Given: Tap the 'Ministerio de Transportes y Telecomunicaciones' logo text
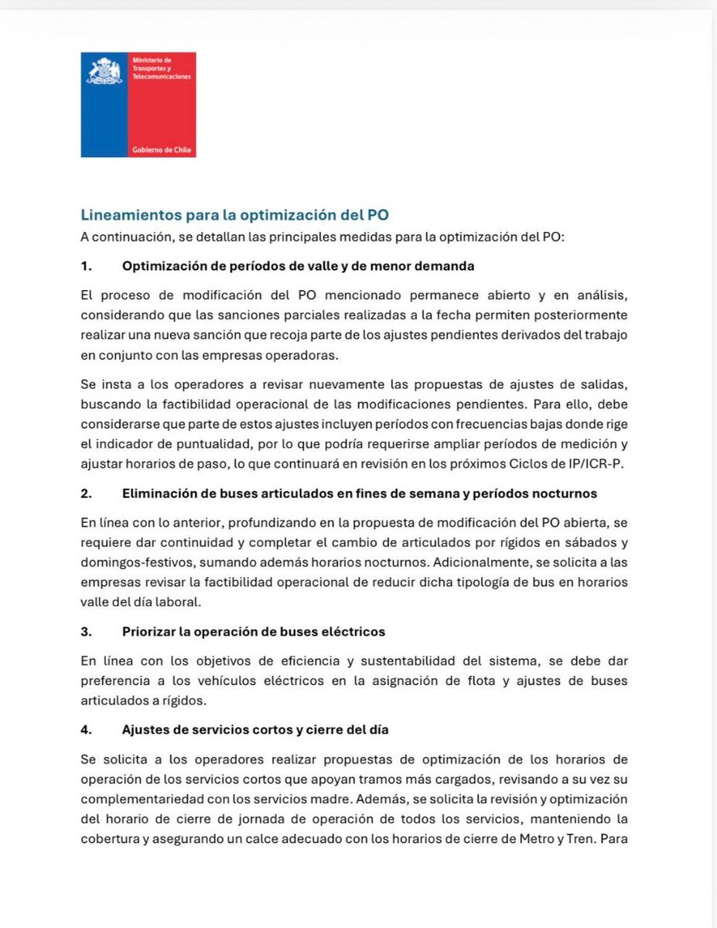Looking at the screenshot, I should [162, 69].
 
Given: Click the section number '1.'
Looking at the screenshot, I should [87, 265].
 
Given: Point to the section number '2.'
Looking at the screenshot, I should [87, 493].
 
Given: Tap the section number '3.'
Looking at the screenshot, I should [87, 631].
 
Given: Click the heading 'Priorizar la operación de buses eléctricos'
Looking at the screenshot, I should [253, 631].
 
